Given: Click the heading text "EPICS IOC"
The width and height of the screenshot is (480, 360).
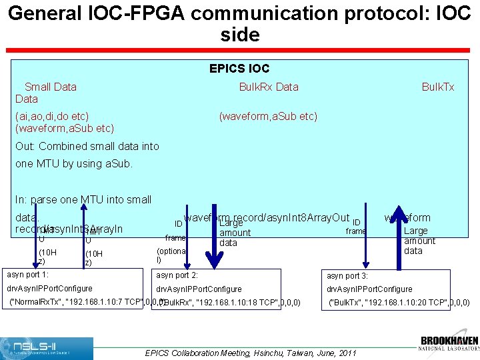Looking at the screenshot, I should (x=239, y=69).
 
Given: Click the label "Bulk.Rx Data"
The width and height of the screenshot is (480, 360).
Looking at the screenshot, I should (x=269, y=87).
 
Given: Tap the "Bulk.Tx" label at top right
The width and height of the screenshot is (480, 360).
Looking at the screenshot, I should (x=438, y=87).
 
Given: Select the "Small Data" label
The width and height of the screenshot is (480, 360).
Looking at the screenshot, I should (x=51, y=87).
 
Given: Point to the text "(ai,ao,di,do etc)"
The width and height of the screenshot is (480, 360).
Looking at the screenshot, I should (x=52, y=116).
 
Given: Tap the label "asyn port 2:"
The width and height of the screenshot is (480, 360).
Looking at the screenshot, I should (x=177, y=275).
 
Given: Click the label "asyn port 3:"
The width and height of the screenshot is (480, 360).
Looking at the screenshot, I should (x=347, y=275).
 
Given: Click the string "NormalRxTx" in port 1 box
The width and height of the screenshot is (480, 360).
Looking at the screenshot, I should (x=39, y=302).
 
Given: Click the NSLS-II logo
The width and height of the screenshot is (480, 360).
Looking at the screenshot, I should (x=47, y=348).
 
